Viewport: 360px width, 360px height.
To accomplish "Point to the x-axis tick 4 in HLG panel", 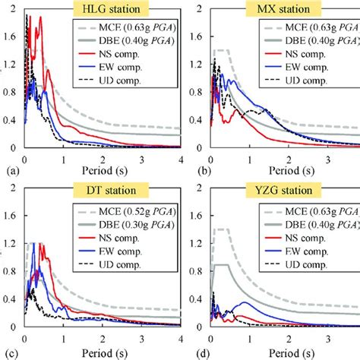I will [x=181, y=157].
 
